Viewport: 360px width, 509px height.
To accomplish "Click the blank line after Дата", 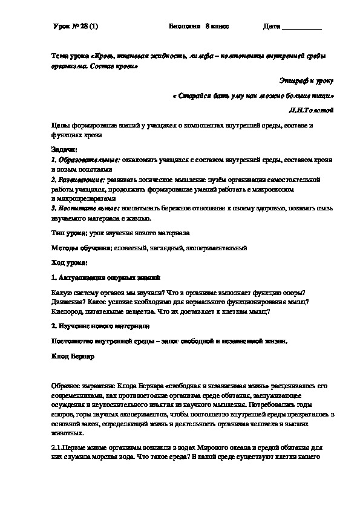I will pyautogui.click(x=302, y=28).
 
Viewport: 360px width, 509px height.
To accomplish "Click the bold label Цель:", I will pyautogui.click(x=62, y=125).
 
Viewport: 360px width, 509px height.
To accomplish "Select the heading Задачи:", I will pyautogui.click(x=64, y=149).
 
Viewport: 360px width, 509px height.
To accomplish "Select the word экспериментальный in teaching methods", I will pyautogui.click(x=216, y=247).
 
